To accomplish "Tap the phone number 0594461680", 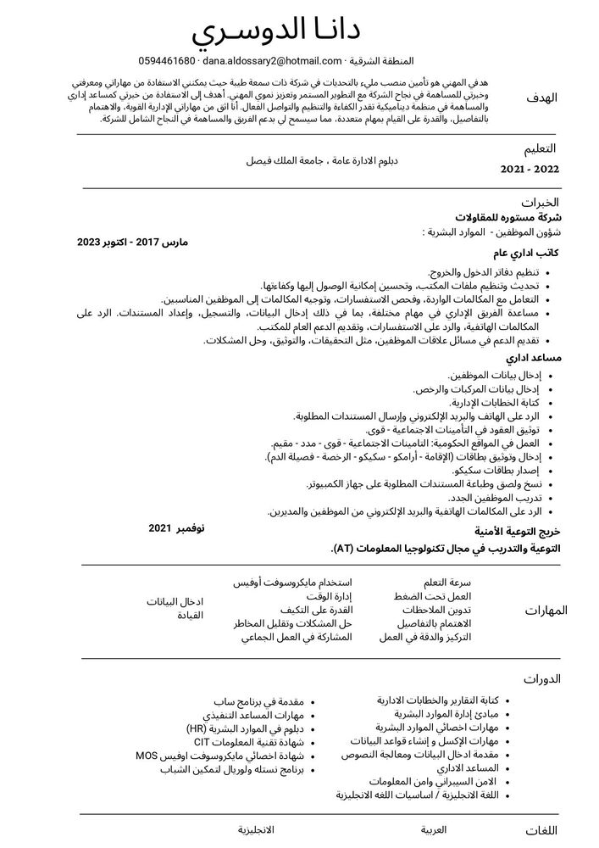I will pos(167,61).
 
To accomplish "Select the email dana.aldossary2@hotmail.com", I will pos(269,61).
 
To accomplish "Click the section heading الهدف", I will pos(542,98).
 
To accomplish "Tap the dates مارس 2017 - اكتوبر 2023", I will pos(132,242).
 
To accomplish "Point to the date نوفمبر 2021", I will pos(176,528).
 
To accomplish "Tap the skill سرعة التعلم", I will pos(448,583).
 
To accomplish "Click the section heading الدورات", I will pos(543,678).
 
